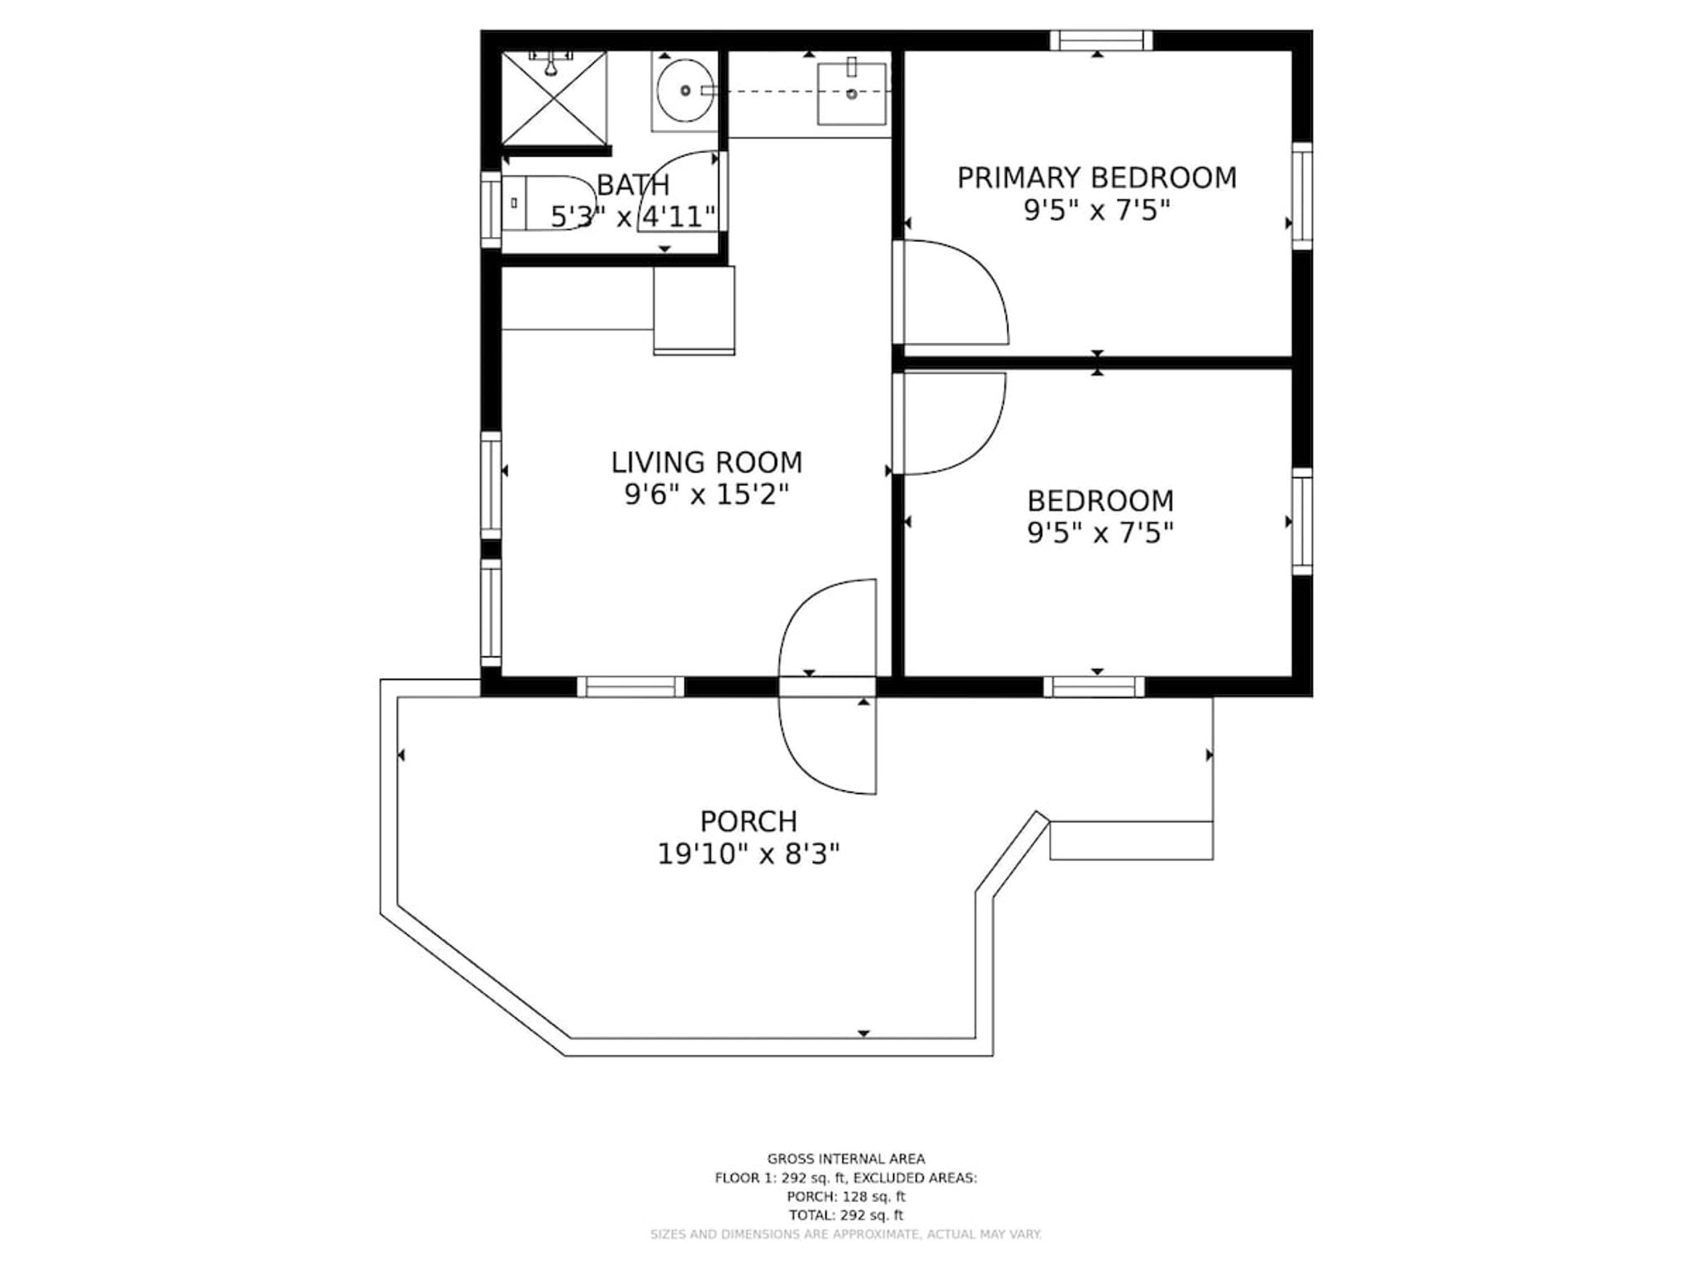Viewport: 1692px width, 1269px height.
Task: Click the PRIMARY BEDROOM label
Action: coord(1097,178)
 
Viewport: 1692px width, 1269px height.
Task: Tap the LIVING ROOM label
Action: coord(706,462)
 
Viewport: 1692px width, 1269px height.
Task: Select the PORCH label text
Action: coord(749,821)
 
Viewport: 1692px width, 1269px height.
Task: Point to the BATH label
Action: coord(633,184)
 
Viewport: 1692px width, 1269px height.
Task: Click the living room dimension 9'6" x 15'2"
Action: coord(706,495)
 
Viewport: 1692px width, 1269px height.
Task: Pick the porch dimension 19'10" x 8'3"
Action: coord(749,853)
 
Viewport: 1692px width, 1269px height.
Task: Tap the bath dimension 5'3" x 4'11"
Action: coord(633,217)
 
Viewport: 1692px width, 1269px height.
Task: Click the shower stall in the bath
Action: coord(554,97)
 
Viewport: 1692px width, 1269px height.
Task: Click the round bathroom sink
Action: coord(685,90)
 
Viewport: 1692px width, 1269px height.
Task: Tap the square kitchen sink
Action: coord(852,93)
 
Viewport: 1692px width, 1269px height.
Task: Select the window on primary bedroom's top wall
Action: coord(1101,40)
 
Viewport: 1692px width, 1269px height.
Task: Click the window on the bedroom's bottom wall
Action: coord(1095,687)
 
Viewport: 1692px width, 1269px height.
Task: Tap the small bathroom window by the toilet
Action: coord(492,210)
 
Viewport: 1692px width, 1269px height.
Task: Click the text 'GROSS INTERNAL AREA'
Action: coord(846,1159)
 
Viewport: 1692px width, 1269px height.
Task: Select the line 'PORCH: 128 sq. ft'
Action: coord(846,1196)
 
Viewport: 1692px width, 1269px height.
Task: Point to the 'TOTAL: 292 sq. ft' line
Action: coord(846,1215)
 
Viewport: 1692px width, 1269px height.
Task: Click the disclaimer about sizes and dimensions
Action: coord(846,1234)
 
